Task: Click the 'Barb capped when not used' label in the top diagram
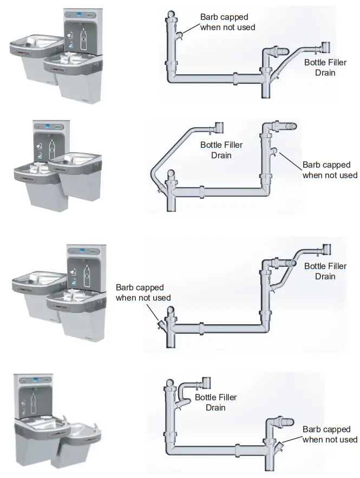pos(227,22)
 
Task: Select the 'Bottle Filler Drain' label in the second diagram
pos(221,150)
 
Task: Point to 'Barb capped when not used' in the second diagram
pos(330,169)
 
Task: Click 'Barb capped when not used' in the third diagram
pos(143,292)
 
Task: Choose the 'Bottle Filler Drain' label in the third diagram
pos(325,271)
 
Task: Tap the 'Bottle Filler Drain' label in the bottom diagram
pos(215,402)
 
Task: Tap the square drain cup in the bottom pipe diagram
pos(206,383)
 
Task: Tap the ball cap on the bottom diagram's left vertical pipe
pos(169,385)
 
